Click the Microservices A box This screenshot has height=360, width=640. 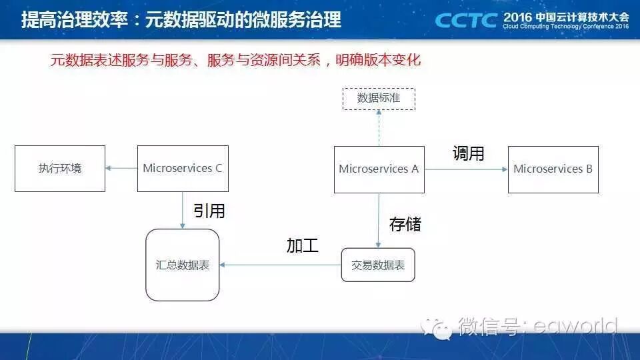coord(379,169)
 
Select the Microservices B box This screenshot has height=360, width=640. coord(553,169)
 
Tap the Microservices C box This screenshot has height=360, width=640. coord(183,169)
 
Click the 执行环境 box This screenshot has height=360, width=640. coord(60,169)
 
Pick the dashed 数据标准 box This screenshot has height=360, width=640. coord(379,99)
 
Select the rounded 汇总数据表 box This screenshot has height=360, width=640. coord(183,265)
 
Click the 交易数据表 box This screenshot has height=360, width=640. coord(378,265)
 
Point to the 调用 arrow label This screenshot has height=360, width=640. coord(468,153)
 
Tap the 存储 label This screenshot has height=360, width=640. coord(405,223)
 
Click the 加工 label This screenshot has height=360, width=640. coord(302,245)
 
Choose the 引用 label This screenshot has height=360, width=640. coord(209,211)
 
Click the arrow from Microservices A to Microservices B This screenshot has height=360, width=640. coord(466,169)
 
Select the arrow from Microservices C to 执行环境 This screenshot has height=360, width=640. coord(121,169)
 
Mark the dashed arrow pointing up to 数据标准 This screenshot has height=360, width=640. coord(379,128)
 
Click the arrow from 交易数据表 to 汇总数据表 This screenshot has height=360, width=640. coord(280,265)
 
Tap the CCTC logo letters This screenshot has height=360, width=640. coord(466,19)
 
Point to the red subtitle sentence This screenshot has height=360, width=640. coord(235,60)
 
